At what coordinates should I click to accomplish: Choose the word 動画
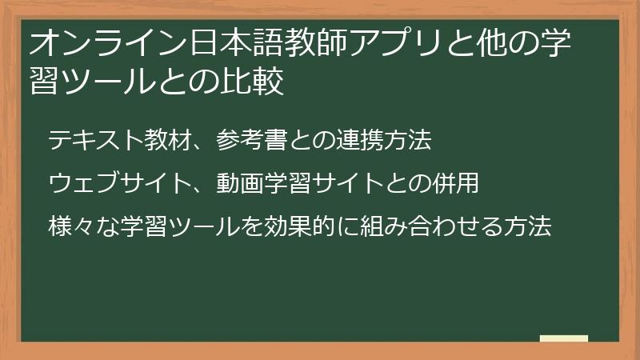[x=240, y=184]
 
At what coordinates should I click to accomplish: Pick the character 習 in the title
[x=45, y=82]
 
